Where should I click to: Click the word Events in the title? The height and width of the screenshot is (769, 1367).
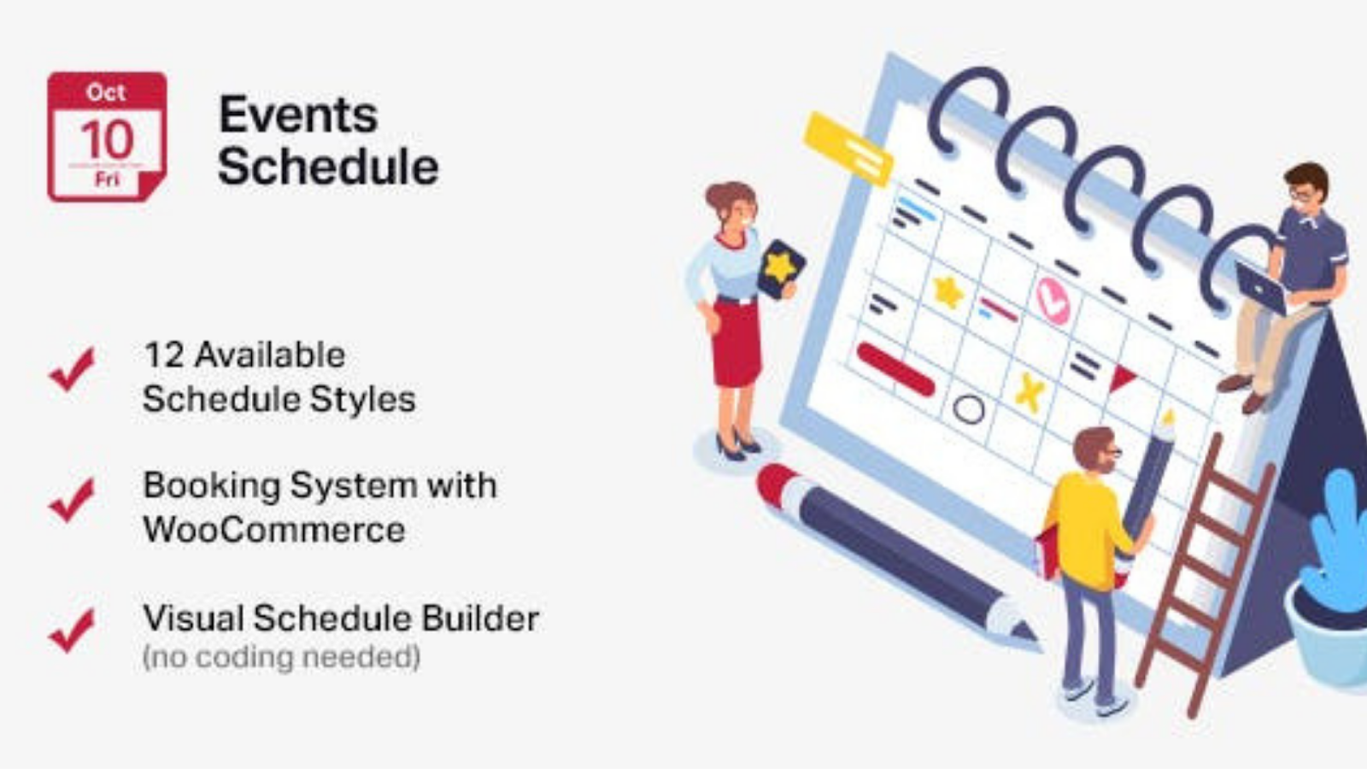298,114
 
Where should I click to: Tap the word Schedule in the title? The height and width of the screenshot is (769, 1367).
328,166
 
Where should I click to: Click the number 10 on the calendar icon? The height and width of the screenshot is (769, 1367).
107,140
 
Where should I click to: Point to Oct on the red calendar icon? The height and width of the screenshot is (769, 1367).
106,93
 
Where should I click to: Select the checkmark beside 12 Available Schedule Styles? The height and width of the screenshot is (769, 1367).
72,368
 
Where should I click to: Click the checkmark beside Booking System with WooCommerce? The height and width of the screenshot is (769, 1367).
72,500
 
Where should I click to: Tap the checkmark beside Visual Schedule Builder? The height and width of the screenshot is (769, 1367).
72,631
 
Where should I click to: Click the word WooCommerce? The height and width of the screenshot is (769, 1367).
274,529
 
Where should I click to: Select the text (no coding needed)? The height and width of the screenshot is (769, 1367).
281,657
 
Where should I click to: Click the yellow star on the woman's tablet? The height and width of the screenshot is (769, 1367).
781,267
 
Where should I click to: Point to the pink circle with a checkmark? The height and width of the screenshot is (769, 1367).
1053,300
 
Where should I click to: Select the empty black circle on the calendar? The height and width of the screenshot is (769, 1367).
969,409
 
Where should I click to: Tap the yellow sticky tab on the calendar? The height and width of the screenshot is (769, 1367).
848,149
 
